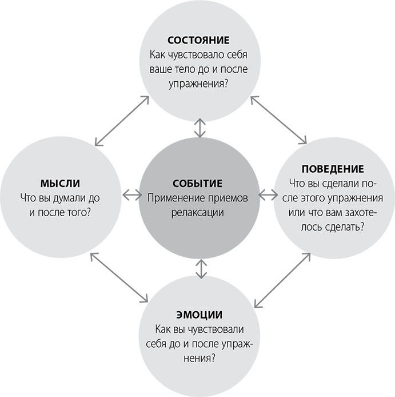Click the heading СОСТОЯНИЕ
click(x=198, y=41)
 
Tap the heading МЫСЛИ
click(x=59, y=184)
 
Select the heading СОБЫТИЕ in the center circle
click(x=197, y=184)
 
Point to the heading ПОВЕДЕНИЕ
click(x=332, y=170)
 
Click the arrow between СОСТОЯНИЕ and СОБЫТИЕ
click(x=199, y=128)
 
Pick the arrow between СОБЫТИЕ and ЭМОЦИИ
click(x=199, y=268)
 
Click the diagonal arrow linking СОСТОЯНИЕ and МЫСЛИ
click(x=122, y=120)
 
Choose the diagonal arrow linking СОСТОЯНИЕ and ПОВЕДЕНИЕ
click(x=277, y=120)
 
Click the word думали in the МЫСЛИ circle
click(x=73, y=198)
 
